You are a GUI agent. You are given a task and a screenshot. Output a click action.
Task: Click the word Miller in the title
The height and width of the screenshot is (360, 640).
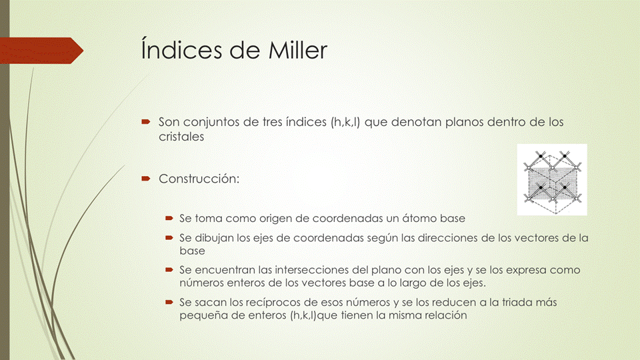point(292,51)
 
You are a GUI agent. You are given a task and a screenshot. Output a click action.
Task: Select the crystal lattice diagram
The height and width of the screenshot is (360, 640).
point(552,179)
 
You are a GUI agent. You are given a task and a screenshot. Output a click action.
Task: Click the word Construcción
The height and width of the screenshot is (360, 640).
point(199,179)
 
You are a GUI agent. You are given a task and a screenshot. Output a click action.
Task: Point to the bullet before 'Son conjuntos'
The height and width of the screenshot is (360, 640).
point(145,123)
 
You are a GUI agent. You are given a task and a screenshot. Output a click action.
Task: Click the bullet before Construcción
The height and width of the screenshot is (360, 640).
point(145,179)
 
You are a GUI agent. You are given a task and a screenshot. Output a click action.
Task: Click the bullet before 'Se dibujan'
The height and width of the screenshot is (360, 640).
point(169,238)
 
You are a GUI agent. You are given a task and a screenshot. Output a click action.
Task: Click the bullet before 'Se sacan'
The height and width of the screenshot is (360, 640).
point(169,302)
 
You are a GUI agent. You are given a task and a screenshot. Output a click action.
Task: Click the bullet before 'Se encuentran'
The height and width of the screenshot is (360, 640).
point(169,270)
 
